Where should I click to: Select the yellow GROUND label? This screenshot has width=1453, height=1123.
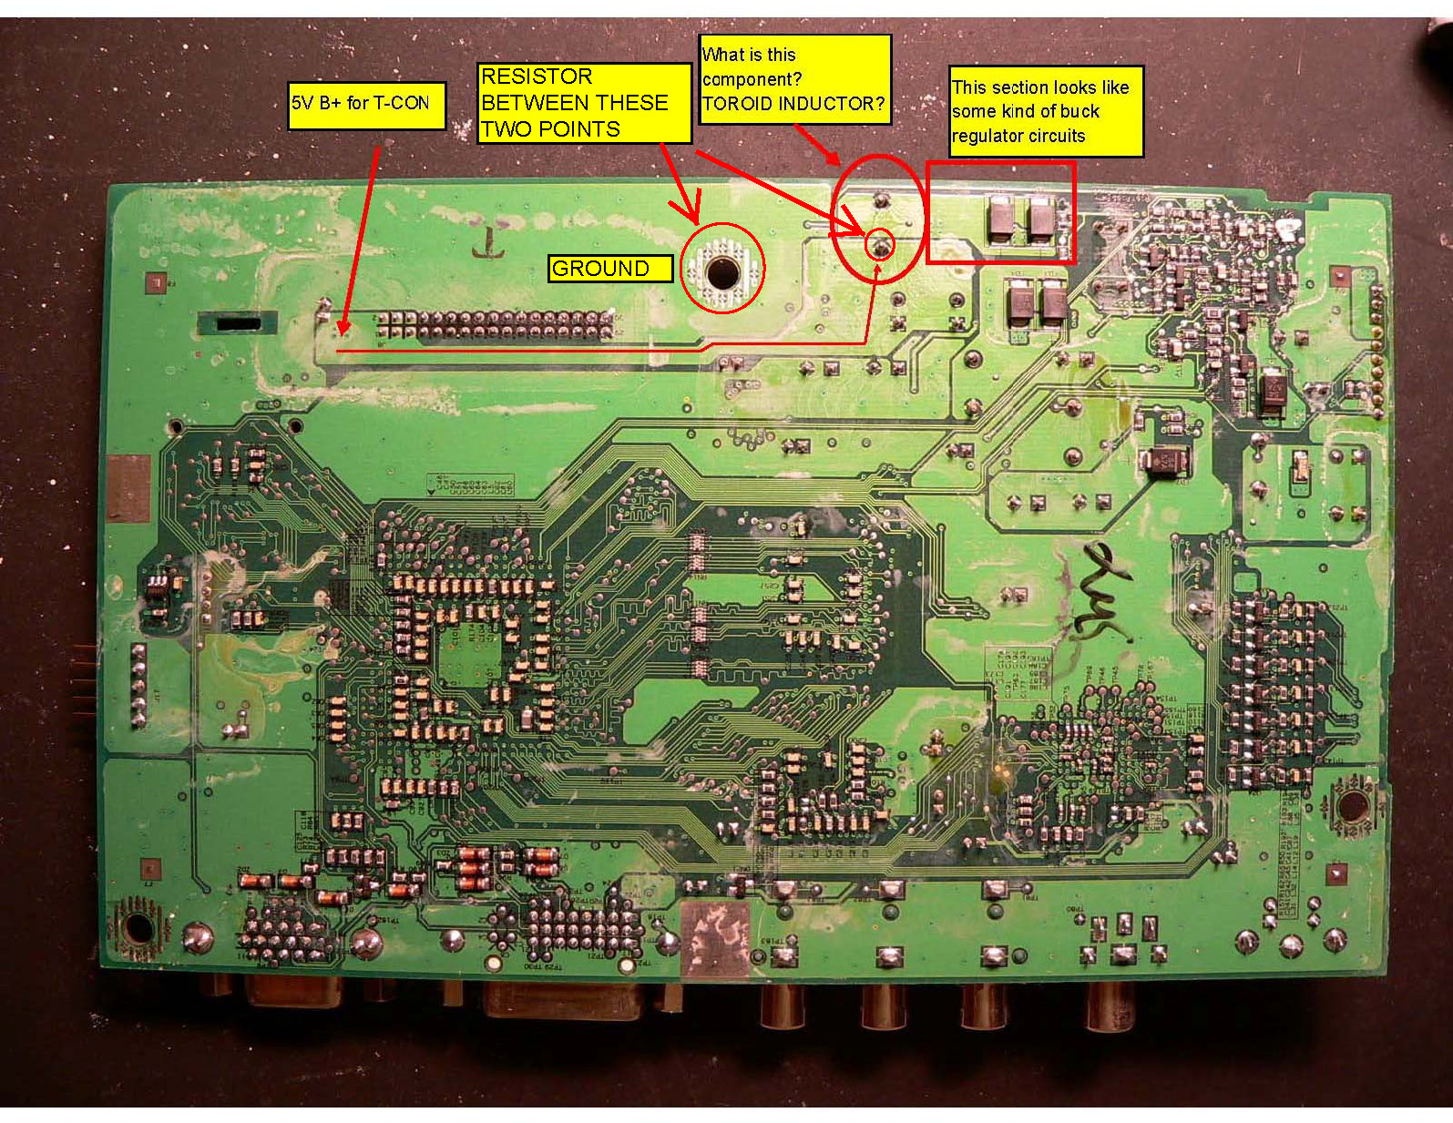pos(609,269)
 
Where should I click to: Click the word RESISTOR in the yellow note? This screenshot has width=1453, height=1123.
pos(537,77)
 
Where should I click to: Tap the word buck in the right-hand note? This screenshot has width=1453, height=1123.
pos(1080,112)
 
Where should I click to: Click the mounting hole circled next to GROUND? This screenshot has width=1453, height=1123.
pos(721,271)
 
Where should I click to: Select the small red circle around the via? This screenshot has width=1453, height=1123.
pos(880,245)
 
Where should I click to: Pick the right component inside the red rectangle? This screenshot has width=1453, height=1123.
pos(1041,219)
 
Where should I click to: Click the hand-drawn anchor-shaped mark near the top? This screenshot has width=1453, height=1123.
pos(490,242)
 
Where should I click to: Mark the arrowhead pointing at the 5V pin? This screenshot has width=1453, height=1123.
pos(343,329)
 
